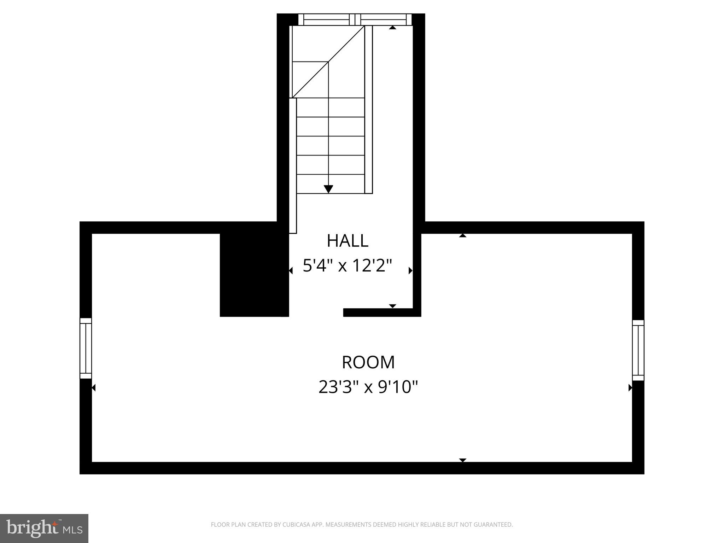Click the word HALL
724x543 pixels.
point(348,241)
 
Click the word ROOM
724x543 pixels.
point(368,362)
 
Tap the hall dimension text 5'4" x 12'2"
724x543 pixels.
point(348,266)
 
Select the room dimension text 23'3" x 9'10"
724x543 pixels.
point(368,387)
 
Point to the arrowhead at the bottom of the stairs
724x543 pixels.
point(328,189)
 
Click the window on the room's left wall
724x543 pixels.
point(86,348)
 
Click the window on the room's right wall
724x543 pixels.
point(638,350)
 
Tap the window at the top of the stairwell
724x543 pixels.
point(355,19)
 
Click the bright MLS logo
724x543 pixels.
point(44,528)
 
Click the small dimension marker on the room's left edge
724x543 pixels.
point(94,388)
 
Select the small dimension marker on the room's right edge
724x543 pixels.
point(630,388)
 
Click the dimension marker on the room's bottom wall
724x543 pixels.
point(462,460)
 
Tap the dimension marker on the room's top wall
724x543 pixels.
point(462,235)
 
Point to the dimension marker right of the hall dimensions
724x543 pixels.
point(410,271)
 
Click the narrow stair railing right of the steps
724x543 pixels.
point(368,110)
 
